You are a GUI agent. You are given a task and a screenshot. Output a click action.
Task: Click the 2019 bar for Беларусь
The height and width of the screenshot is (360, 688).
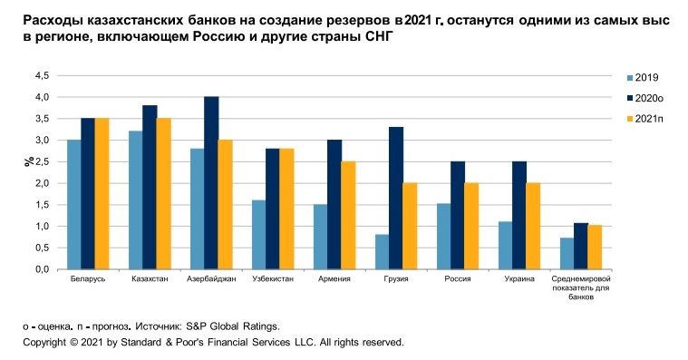coord(73,204)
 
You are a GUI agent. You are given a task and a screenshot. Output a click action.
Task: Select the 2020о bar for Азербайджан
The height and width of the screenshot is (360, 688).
coord(211,182)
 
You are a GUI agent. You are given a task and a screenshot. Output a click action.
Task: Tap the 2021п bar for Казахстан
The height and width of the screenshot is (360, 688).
coord(163,193)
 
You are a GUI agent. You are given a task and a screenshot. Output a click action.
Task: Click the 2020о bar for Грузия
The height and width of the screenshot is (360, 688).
coord(396,198)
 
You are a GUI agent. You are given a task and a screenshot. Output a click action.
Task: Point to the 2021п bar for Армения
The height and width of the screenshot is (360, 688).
coord(348,215)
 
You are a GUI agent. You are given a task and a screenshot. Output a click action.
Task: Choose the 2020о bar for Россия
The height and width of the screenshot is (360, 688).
coord(458,215)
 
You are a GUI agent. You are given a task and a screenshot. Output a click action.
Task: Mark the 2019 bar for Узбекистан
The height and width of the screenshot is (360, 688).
coord(258,234)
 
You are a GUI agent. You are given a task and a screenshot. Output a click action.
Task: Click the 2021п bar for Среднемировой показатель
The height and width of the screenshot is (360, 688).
coord(595,247)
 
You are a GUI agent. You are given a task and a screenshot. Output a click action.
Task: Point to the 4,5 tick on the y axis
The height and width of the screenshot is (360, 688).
coord(42,75)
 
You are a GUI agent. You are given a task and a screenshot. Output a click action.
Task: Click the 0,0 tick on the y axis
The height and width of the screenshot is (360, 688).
coord(42,269)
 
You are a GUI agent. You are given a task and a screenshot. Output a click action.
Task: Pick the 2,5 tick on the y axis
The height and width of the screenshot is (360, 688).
coord(42,161)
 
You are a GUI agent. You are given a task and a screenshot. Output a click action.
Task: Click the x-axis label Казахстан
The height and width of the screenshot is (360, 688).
coord(150,278)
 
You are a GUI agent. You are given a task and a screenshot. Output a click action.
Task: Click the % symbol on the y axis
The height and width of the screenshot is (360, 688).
coord(29,161)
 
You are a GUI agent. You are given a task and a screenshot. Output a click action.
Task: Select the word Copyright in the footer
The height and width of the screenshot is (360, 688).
coord(44,343)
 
